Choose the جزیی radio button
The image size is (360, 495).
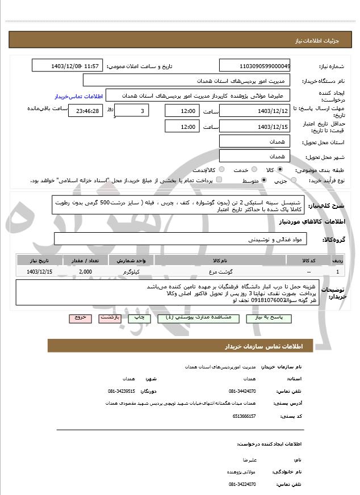pos(293,180)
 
